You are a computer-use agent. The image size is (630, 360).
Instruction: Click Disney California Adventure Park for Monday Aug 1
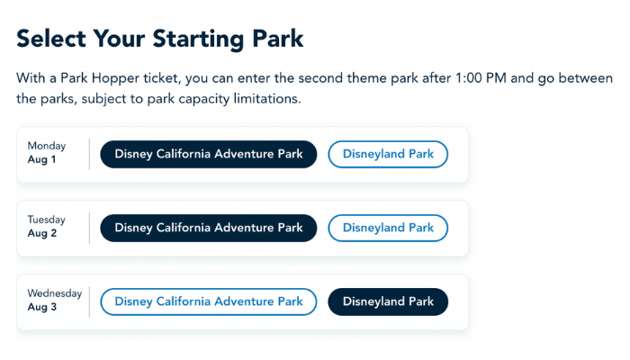click(x=209, y=154)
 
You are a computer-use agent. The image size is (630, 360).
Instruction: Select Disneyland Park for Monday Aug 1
click(x=388, y=154)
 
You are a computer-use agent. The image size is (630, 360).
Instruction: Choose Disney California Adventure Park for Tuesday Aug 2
click(x=209, y=229)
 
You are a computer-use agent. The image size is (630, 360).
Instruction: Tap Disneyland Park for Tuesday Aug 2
click(x=388, y=229)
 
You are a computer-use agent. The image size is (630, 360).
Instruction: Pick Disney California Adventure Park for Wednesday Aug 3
click(x=209, y=301)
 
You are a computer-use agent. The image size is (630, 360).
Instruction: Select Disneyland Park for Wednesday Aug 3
click(x=388, y=301)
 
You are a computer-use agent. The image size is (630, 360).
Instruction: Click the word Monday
click(x=47, y=146)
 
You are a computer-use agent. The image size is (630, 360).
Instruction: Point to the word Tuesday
click(x=46, y=220)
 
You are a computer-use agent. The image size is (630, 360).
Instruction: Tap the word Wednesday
click(x=55, y=293)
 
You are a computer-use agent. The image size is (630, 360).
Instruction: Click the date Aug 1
click(x=41, y=159)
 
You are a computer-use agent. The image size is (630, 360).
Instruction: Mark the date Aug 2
click(x=42, y=233)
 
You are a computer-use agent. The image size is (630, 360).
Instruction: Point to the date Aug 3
click(x=42, y=307)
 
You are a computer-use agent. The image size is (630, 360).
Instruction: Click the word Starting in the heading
click(x=199, y=40)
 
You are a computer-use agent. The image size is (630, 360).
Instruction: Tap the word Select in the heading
click(x=51, y=39)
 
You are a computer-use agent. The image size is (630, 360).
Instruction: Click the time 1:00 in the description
click(x=469, y=78)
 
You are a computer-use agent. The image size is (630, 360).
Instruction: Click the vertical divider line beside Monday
click(x=89, y=154)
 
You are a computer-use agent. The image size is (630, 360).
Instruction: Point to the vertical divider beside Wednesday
click(x=89, y=301)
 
